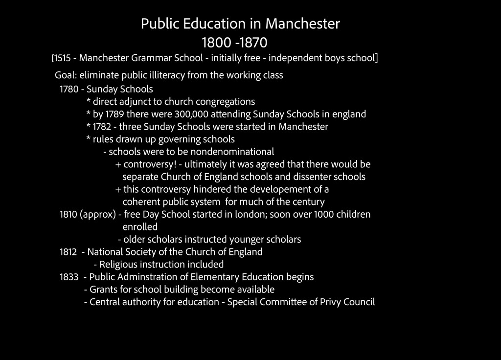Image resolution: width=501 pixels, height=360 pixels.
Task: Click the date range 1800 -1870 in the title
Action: [x=235, y=42]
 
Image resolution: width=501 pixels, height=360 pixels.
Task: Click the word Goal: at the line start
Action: [x=66, y=75]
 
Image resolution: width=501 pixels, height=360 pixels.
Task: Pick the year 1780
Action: [x=69, y=89]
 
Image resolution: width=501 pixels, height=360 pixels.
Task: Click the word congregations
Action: [x=225, y=102]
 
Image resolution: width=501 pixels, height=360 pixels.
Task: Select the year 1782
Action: [x=103, y=127]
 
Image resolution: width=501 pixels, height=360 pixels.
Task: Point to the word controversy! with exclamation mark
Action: [x=149, y=164]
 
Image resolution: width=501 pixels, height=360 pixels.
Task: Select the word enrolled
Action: [x=140, y=227]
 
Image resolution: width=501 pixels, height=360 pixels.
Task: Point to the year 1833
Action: [x=69, y=277]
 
